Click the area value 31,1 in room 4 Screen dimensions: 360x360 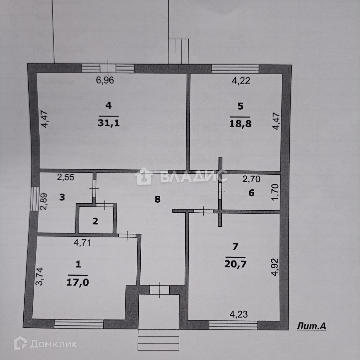109,123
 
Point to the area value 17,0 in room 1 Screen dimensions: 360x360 78,282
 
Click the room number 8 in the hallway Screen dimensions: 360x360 157,199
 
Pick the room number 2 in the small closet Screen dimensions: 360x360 95,221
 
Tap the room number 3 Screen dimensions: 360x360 62,197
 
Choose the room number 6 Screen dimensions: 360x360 251,193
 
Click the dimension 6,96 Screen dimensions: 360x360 105,80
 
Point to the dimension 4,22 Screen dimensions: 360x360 241,81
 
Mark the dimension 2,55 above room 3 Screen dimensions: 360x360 66,177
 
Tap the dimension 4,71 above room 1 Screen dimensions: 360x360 82,242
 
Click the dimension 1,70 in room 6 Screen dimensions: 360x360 276,192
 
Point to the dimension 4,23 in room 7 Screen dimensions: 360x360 239,314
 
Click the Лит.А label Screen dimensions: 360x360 311,326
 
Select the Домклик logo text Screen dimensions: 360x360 53,344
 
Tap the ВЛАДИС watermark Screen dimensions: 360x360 194,177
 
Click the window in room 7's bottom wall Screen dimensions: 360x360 233,325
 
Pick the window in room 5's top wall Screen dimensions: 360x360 235,69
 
